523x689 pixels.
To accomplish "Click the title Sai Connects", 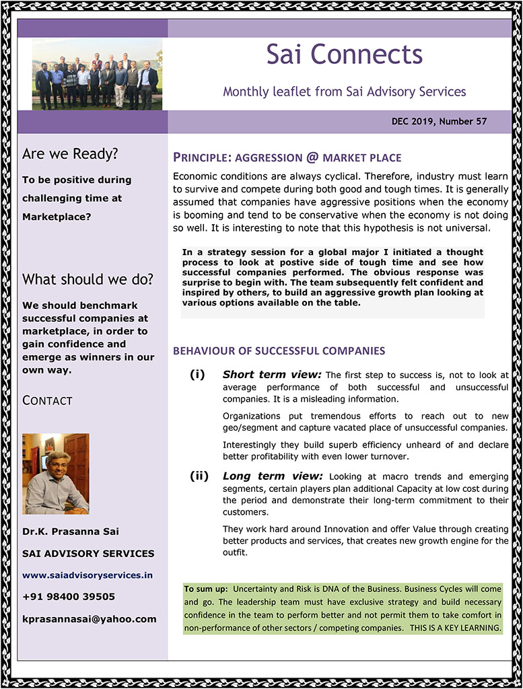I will click(344, 55).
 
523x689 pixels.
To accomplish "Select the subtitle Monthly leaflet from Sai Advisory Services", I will click(344, 91).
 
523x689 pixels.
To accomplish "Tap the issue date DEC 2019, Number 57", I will click(439, 122).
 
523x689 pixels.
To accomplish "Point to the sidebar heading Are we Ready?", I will click(70, 154).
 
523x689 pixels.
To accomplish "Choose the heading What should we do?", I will click(88, 279).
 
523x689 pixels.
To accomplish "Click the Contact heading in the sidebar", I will click(47, 400).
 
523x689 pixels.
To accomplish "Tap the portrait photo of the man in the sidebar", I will click(56, 474).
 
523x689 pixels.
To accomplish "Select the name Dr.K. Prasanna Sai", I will click(71, 532).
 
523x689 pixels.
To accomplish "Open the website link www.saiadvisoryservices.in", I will click(88, 575).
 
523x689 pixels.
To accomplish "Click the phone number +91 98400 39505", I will click(69, 597).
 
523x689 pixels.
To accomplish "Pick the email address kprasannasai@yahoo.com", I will click(89, 619).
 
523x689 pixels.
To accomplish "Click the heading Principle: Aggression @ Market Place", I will click(287, 158).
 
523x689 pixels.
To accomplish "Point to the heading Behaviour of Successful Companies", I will click(279, 351).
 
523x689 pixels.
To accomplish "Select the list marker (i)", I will click(197, 374).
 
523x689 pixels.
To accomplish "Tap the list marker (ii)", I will click(199, 476).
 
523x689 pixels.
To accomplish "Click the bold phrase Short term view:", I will click(272, 375).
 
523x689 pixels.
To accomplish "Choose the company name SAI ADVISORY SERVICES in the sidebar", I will click(88, 554).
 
